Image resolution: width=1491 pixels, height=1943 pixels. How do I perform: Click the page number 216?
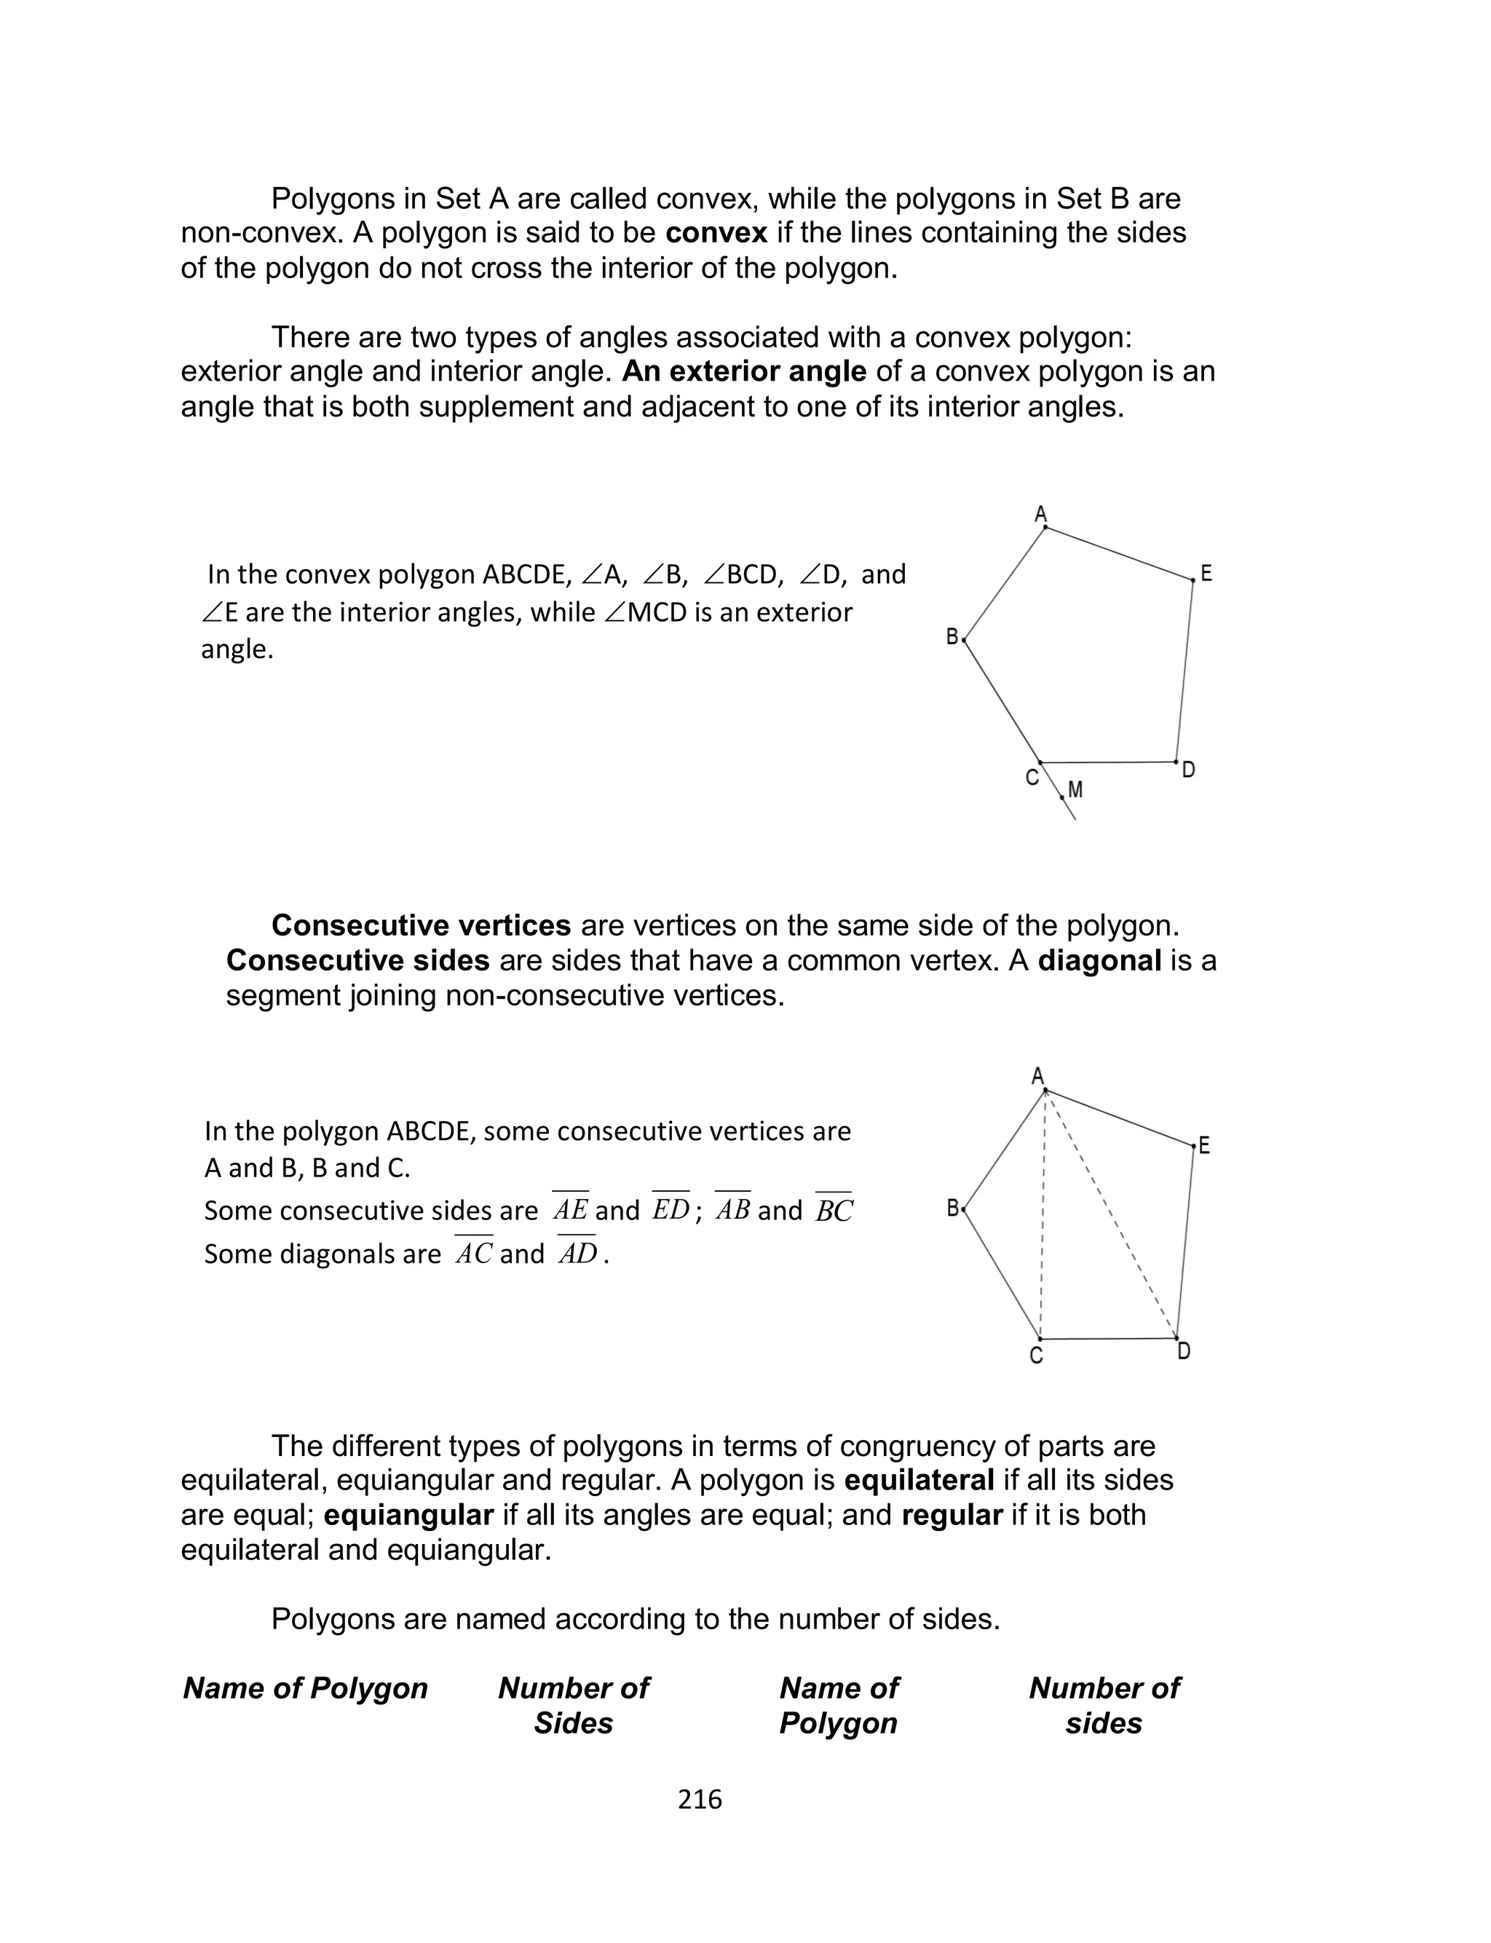[700, 1800]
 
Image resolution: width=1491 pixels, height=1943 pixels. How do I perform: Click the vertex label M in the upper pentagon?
[1075, 788]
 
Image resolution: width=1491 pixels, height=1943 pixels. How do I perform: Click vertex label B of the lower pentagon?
[952, 1208]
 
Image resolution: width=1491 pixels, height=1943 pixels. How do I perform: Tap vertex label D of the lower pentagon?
[1184, 1351]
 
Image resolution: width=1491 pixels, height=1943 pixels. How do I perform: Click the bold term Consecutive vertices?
[421, 925]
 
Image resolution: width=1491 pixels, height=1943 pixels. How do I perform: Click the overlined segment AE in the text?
[570, 1210]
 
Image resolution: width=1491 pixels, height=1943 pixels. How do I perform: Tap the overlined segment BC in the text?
[834, 1211]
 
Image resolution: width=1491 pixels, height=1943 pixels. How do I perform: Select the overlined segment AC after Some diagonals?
[473, 1254]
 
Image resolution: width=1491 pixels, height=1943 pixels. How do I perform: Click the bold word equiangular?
[408, 1514]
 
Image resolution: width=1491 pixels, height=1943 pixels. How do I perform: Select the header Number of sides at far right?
[1104, 1704]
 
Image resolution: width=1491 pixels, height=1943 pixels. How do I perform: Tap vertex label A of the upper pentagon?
[1041, 515]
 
